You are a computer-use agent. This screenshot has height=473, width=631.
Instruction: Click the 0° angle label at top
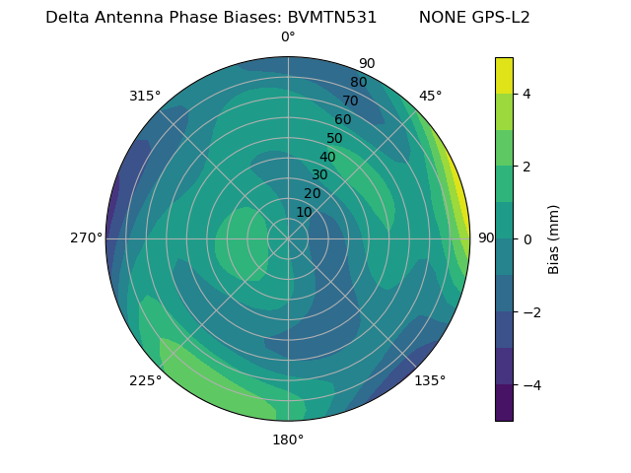point(288,37)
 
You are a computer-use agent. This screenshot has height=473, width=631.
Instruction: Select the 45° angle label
point(431,96)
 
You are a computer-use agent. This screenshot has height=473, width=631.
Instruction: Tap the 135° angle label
point(430,380)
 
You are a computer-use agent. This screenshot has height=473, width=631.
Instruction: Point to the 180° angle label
point(288,439)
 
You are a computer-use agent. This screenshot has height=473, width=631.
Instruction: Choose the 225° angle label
point(145,380)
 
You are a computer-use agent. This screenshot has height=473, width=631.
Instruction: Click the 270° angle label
point(87,237)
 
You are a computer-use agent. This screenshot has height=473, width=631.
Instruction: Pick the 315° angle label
point(145,96)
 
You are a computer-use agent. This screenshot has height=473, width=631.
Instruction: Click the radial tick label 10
point(304,212)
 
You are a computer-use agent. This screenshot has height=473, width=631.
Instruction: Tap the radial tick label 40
point(327,157)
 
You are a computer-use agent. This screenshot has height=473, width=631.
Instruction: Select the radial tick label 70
point(350,101)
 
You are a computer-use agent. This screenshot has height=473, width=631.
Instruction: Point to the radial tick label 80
point(358,82)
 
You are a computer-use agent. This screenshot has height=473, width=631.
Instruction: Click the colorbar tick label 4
point(526,94)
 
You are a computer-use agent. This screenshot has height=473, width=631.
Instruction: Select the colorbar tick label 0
point(526,238)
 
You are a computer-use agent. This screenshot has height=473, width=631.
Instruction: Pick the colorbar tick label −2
point(530,311)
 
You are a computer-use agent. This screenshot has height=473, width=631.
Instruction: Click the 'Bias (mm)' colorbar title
point(554,238)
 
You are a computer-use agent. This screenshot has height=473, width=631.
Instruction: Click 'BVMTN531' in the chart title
point(332,18)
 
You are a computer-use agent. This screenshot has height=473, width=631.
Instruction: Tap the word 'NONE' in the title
point(441,18)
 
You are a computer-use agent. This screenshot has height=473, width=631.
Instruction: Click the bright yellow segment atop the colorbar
point(504,75)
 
